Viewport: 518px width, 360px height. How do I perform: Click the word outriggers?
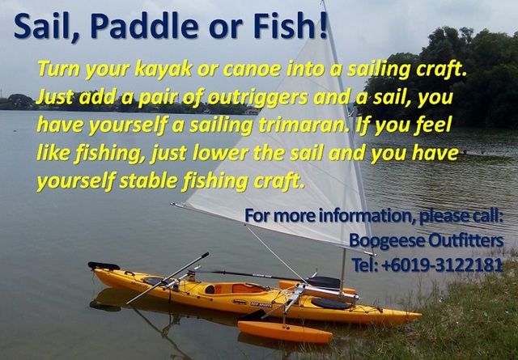pyautogui.click(x=258, y=99)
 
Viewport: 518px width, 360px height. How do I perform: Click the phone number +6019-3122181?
pyautogui.click(x=442, y=265)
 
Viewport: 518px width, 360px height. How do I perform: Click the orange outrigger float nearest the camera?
pyautogui.click(x=285, y=332)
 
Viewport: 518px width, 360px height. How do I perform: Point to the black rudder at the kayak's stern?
pyautogui.click(x=103, y=265)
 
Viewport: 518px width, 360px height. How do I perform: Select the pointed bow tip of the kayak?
pyautogui.click(x=419, y=316)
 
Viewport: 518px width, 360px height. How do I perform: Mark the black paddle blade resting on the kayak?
pyautogui.click(x=323, y=282)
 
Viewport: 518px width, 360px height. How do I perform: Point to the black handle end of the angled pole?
pyautogui.click(x=205, y=256)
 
